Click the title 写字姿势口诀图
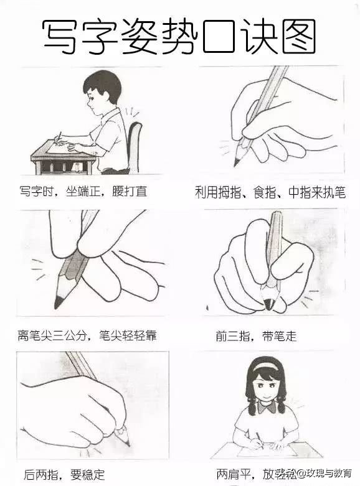[179, 36]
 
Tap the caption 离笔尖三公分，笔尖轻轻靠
[87, 336]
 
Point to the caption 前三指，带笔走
[256, 337]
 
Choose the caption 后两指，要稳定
[64, 472]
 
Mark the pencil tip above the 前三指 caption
[268, 304]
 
